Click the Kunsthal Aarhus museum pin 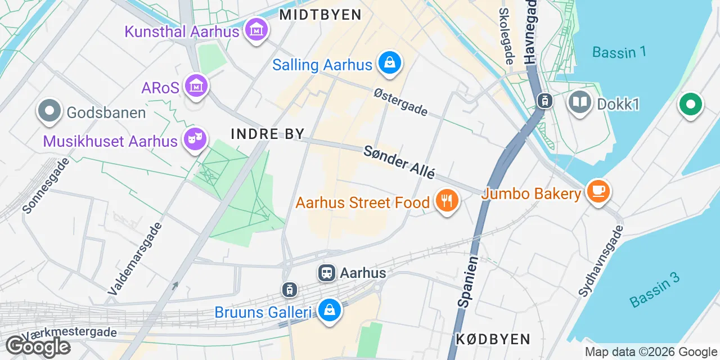[x=256, y=29]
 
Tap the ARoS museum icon [x=196, y=86]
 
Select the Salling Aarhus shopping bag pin [x=389, y=62]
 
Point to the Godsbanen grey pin [x=49, y=111]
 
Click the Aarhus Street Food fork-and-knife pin [x=447, y=200]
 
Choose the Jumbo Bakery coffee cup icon [x=598, y=191]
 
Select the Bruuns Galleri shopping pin [x=329, y=310]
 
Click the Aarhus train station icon [x=326, y=273]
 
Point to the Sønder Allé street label [x=399, y=162]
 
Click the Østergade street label [x=400, y=102]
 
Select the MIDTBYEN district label [x=320, y=15]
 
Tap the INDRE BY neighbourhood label [x=268, y=134]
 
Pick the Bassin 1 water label [x=619, y=52]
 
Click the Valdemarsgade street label [x=135, y=259]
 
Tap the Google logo [x=37, y=346]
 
